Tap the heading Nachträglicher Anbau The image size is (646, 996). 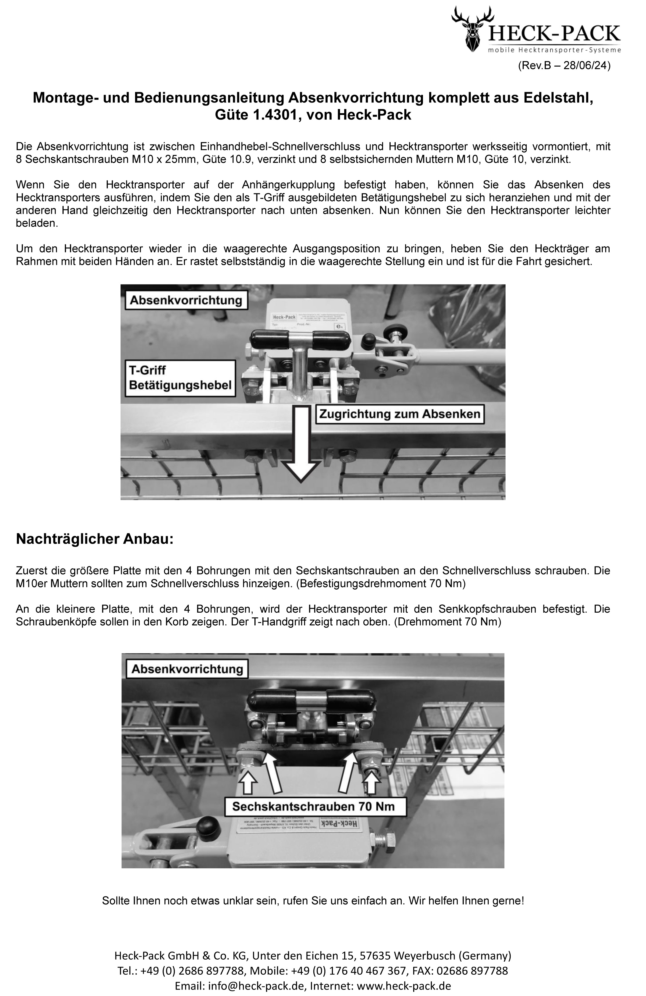pyautogui.click(x=94, y=539)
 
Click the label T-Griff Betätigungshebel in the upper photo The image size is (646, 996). pyautogui.click(x=180, y=378)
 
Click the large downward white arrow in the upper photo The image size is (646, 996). pyautogui.click(x=300, y=448)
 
